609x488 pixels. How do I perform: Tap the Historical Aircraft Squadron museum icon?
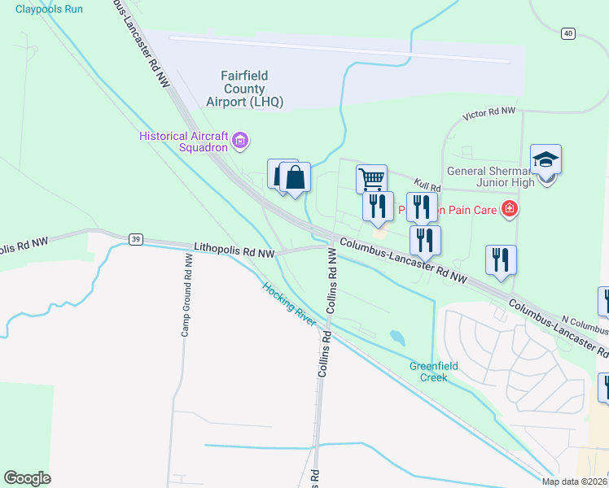[240, 142]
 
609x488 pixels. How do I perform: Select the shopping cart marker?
[371, 178]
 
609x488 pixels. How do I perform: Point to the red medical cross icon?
[510, 209]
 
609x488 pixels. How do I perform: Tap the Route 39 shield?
[136, 238]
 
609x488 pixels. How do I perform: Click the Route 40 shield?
[567, 33]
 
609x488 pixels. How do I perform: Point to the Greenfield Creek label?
[433, 371]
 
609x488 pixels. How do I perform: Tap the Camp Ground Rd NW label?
[186, 294]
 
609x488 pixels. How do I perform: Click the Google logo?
[27, 478]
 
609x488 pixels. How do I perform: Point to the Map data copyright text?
[575, 481]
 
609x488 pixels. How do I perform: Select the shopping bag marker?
[295, 176]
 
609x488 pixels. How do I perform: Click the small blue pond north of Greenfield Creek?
[397, 336]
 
